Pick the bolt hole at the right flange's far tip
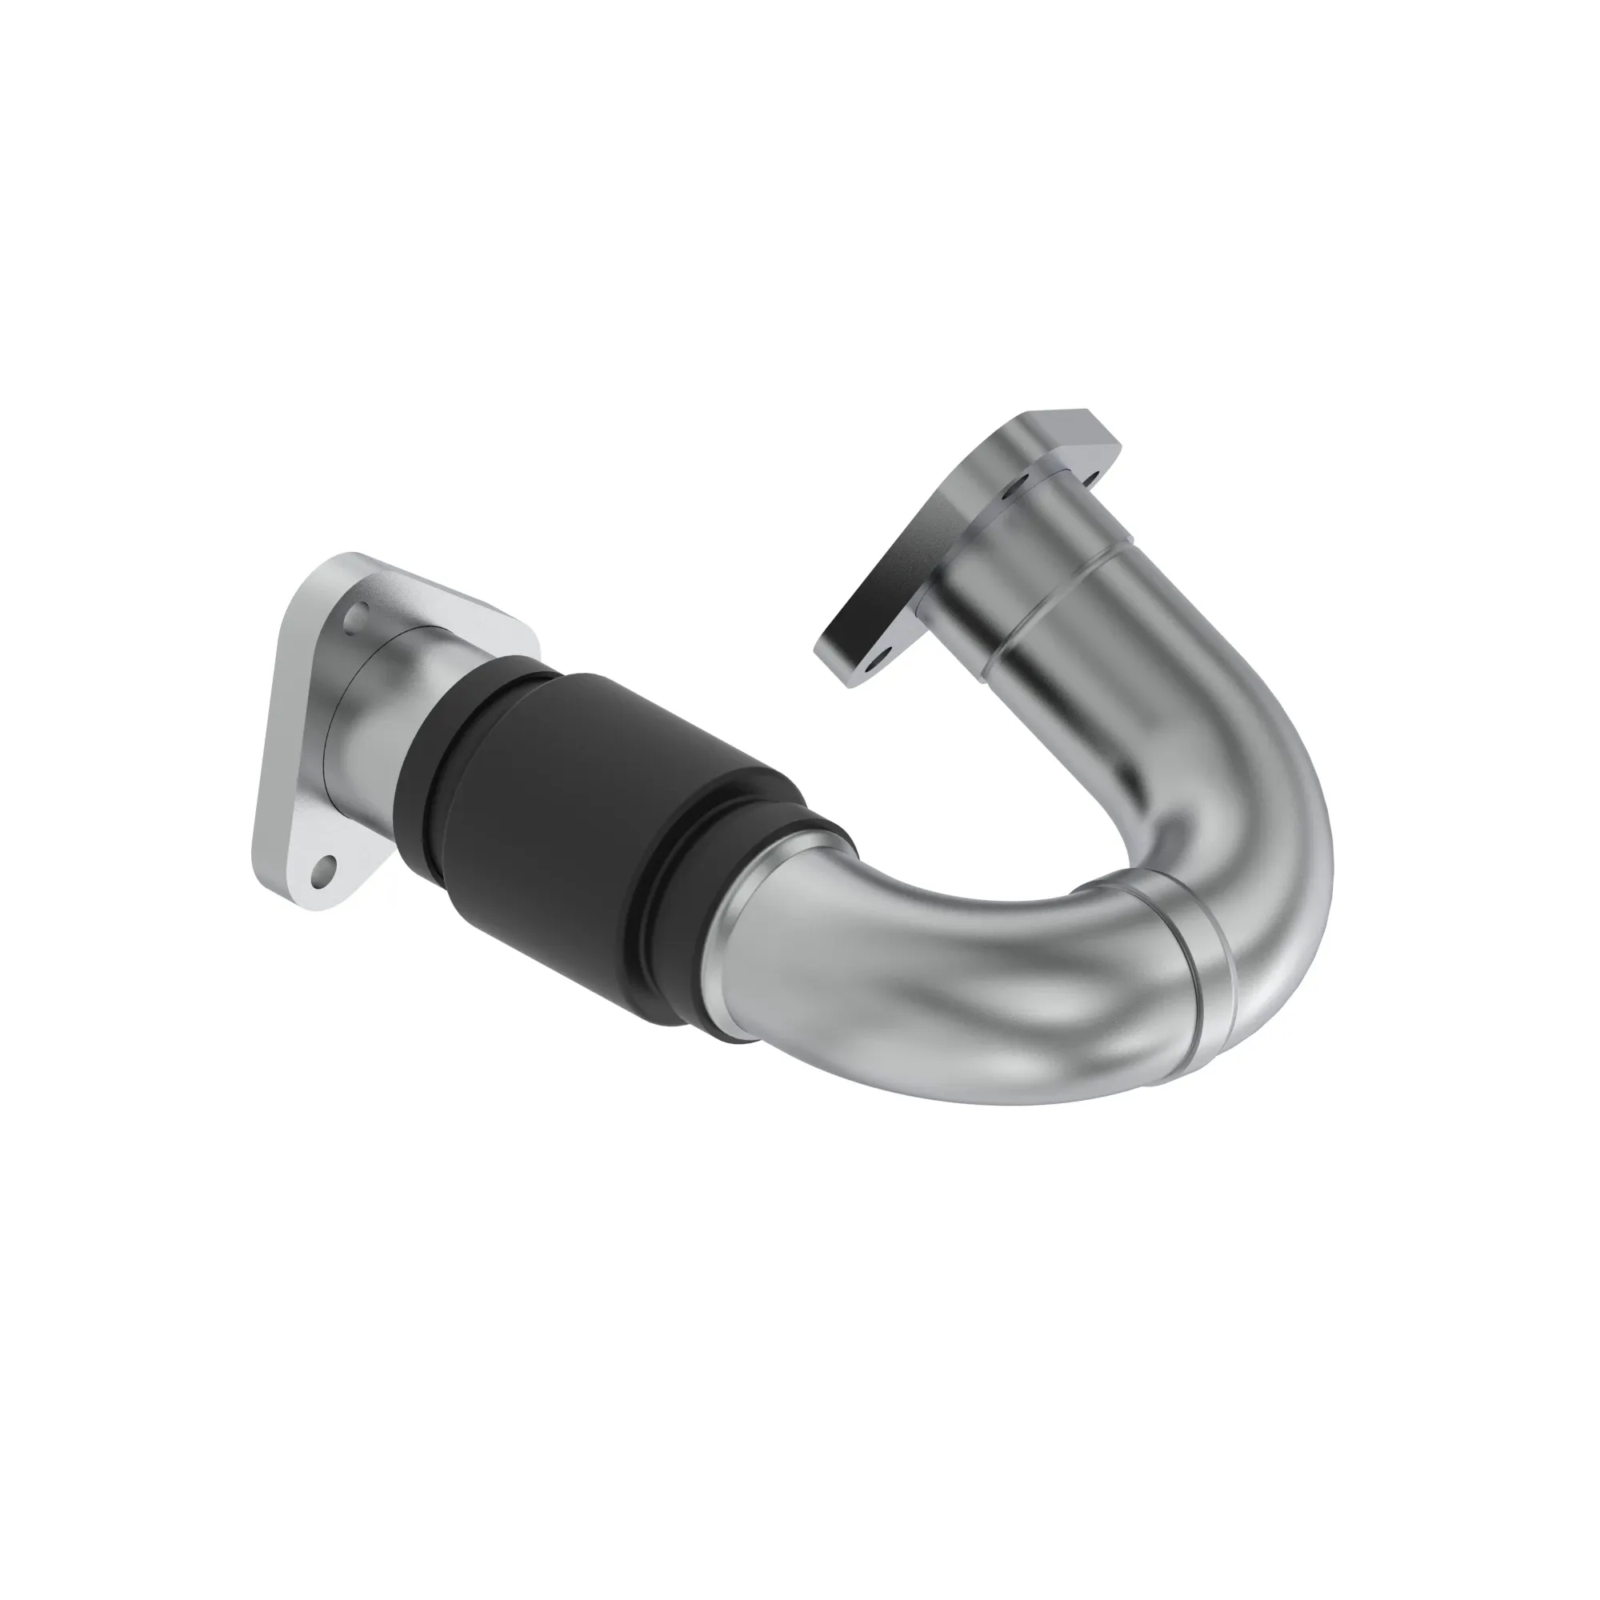[1091, 478]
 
